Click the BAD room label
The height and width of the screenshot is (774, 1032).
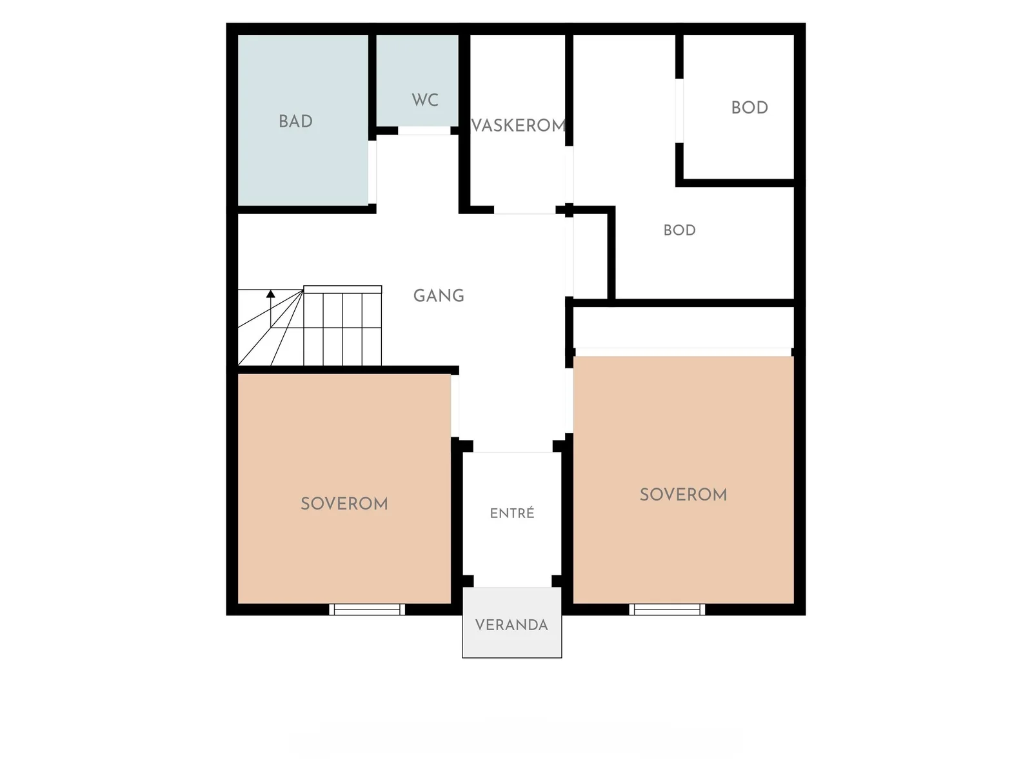point(295,121)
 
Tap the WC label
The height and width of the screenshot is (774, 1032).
point(425,99)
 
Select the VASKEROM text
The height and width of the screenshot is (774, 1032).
point(519,126)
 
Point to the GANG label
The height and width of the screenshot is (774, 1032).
point(439,295)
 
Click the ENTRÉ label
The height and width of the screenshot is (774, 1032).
point(512,513)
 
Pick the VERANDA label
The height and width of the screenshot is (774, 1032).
point(511,625)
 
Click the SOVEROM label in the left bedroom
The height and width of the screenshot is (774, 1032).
point(344,504)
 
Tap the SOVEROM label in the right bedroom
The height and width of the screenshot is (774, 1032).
point(683,494)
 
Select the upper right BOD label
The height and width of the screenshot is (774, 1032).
point(749,108)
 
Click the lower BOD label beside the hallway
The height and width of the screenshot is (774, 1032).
point(679,230)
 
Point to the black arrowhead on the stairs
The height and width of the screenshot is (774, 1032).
point(270,293)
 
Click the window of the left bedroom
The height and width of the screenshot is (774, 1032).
point(367,609)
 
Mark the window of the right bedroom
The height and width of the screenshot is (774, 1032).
point(667,609)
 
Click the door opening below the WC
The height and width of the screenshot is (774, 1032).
point(424,131)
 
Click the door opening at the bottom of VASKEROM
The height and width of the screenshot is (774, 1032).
point(524,210)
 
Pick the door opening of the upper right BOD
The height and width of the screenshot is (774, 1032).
point(679,110)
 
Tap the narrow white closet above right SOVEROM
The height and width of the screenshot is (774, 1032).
point(683,328)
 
